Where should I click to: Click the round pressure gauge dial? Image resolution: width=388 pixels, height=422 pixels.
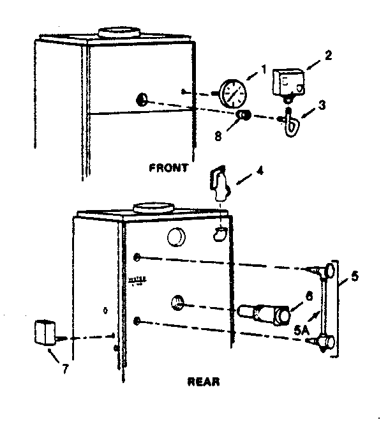(x=232, y=93)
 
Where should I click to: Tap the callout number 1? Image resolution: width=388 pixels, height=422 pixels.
(x=263, y=69)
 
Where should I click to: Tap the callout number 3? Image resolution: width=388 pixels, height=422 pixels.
(x=322, y=105)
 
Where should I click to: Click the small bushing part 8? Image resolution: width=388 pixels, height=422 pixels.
(x=244, y=115)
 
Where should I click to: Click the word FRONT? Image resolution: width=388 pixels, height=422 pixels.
(x=168, y=169)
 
